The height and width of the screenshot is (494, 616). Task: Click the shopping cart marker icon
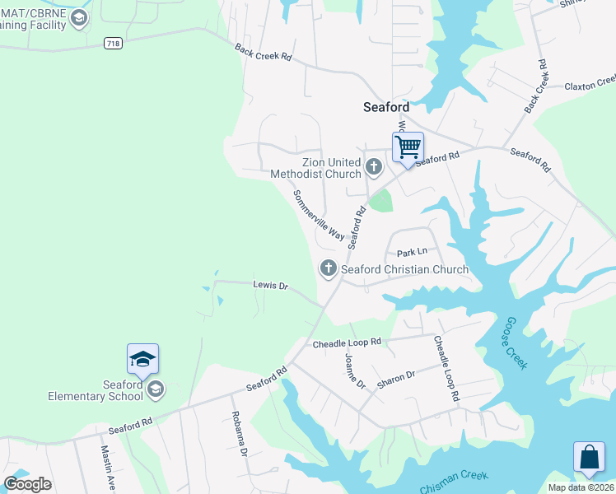(x=408, y=148)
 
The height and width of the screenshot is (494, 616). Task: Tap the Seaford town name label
(x=386, y=106)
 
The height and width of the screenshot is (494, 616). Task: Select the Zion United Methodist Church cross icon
(x=374, y=168)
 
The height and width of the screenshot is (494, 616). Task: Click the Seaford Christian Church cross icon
(x=328, y=268)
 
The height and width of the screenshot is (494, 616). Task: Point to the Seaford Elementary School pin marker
(x=142, y=360)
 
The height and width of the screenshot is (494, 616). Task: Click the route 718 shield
(x=114, y=42)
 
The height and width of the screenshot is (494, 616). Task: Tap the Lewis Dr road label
(x=270, y=285)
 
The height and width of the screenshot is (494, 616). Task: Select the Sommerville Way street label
(x=319, y=215)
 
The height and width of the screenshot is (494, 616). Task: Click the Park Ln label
(x=413, y=252)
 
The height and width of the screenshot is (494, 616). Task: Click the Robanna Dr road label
(x=239, y=433)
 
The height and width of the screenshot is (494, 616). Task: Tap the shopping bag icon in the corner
(x=590, y=459)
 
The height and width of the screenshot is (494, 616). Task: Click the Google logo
(x=27, y=484)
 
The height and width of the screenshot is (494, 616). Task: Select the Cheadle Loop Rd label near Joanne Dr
(x=347, y=342)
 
